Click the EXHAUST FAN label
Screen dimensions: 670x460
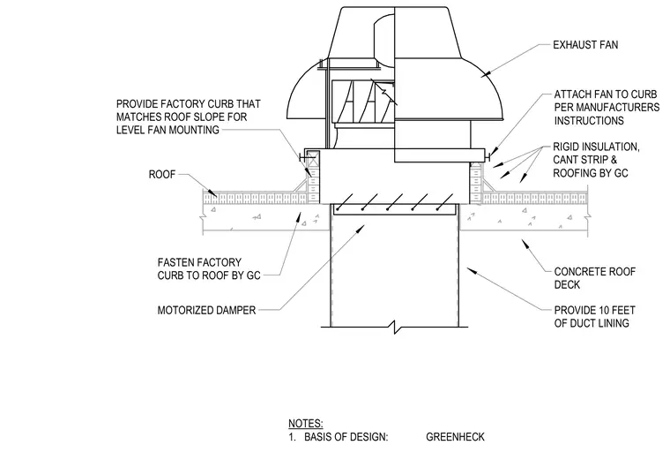click(x=585, y=45)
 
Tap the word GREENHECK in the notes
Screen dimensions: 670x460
click(x=455, y=437)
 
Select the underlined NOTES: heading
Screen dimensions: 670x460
click(x=306, y=424)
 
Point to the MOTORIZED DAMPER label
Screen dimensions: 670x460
click(x=206, y=310)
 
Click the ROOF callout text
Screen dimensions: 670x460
click(x=162, y=175)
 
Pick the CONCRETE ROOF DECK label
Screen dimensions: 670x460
click(x=594, y=278)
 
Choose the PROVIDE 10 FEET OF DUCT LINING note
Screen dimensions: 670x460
click(x=594, y=317)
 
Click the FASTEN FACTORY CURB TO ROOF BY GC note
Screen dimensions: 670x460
click(x=209, y=268)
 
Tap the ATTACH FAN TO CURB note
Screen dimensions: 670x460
click(x=607, y=108)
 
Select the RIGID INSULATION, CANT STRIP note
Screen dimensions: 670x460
click(x=596, y=160)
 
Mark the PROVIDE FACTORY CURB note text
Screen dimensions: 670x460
click(x=189, y=117)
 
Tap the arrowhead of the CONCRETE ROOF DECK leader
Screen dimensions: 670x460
click(x=525, y=244)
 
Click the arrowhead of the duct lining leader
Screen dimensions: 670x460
click(x=471, y=271)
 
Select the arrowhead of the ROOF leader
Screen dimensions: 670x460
click(x=212, y=193)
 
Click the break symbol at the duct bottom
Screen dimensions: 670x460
click(x=395, y=328)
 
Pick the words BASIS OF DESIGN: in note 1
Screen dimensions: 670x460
click(x=346, y=437)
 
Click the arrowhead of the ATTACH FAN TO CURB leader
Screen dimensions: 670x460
click(x=492, y=153)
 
